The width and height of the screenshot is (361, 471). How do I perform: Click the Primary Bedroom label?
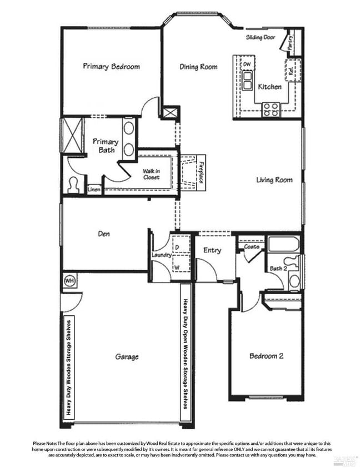click(x=111, y=67)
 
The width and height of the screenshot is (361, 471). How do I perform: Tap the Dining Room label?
click(x=198, y=67)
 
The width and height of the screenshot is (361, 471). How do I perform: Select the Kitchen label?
click(x=269, y=87)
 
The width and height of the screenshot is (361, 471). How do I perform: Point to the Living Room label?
click(x=274, y=180)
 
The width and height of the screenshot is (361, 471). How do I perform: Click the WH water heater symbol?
click(x=69, y=280)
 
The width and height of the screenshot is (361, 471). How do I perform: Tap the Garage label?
click(x=127, y=357)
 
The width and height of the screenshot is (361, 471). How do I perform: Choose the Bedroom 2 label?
click(x=266, y=356)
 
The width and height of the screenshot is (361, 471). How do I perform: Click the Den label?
click(x=103, y=234)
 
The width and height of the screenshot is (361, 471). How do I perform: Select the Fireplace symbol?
click(x=194, y=172)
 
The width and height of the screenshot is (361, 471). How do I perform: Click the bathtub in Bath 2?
click(x=283, y=244)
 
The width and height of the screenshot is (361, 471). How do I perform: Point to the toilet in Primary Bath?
click(x=73, y=185)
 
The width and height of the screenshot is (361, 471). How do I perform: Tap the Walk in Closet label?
click(x=151, y=174)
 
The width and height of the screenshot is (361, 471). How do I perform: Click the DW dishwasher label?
click(x=247, y=65)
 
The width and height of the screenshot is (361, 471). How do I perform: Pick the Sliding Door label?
click(x=260, y=38)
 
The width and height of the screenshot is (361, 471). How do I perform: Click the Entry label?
click(x=212, y=250)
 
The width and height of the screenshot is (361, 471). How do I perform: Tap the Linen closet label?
click(x=94, y=190)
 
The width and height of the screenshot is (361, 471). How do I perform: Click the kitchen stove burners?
click(x=271, y=109)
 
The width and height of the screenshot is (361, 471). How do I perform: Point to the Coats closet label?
click(x=252, y=247)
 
